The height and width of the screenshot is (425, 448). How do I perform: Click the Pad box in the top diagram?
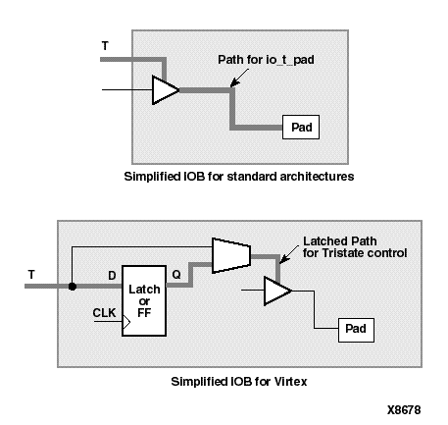pos(300,128)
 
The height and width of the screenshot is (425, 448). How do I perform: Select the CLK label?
pos(103,313)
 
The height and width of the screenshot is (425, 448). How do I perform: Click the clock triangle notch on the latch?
pos(125,320)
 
